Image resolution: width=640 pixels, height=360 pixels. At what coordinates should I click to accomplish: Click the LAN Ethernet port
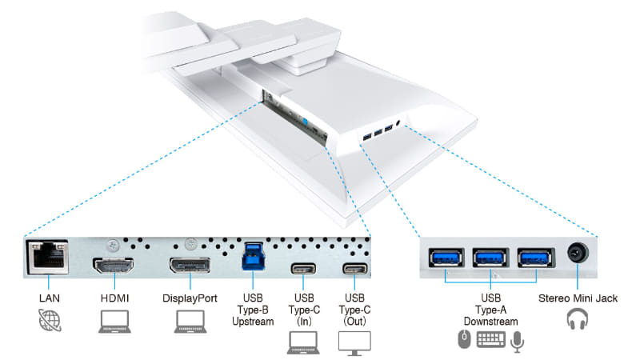pos(48,256)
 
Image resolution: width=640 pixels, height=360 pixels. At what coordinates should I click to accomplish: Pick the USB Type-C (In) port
pos(303,268)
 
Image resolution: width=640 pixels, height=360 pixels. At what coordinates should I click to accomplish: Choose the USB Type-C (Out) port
pos(355,268)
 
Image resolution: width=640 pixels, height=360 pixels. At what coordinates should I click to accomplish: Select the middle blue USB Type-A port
pos(489,258)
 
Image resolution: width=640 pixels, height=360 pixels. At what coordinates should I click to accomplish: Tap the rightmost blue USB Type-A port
pos(534,258)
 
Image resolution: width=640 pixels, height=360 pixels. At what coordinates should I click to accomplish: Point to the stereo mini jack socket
pos(578,255)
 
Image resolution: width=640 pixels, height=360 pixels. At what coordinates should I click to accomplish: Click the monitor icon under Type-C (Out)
pos(355,342)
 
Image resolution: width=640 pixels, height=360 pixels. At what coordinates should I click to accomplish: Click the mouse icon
pos(462,342)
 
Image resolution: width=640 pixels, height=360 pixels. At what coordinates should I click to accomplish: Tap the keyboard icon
pos(490,342)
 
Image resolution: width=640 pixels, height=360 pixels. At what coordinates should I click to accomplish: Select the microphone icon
pos(518,342)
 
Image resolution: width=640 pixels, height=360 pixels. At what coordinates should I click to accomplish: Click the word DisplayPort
pos(190,298)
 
